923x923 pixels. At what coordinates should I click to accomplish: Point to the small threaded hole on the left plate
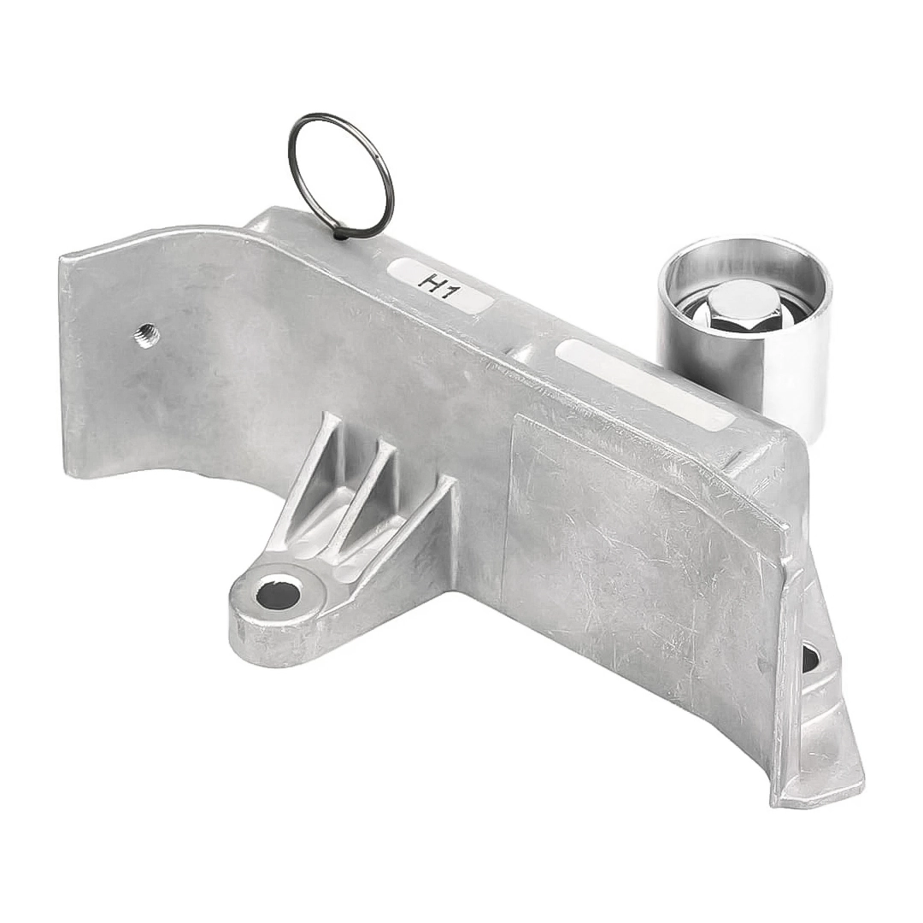[143, 336]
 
